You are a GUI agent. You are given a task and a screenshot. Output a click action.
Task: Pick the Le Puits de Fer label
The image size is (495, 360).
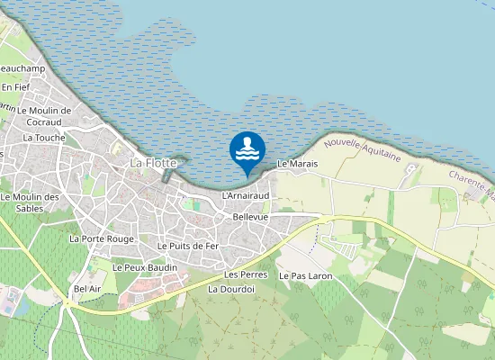tap(188, 246)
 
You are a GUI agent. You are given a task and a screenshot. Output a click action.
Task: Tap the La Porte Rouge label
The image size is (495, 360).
tap(102, 238)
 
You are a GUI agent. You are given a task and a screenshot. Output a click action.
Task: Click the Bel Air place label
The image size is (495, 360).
tap(87, 288)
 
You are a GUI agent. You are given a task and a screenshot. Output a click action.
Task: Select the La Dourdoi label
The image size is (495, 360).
tap(231, 289)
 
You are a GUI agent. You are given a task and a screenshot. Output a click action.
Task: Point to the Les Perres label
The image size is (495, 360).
tap(246, 274)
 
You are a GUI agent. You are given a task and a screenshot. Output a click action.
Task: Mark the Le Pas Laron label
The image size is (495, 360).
tap(306, 274)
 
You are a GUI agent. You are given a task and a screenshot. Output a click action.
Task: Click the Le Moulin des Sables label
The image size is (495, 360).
tap(30, 202)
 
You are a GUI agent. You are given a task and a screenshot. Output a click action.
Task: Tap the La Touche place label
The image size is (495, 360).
tap(44, 138)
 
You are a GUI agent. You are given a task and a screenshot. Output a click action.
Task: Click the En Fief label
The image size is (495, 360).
tap(15, 86)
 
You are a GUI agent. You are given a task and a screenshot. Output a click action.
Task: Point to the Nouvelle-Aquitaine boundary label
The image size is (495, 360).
tap(362, 148)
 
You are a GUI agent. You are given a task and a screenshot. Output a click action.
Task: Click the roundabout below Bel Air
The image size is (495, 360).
tap(68, 303)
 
